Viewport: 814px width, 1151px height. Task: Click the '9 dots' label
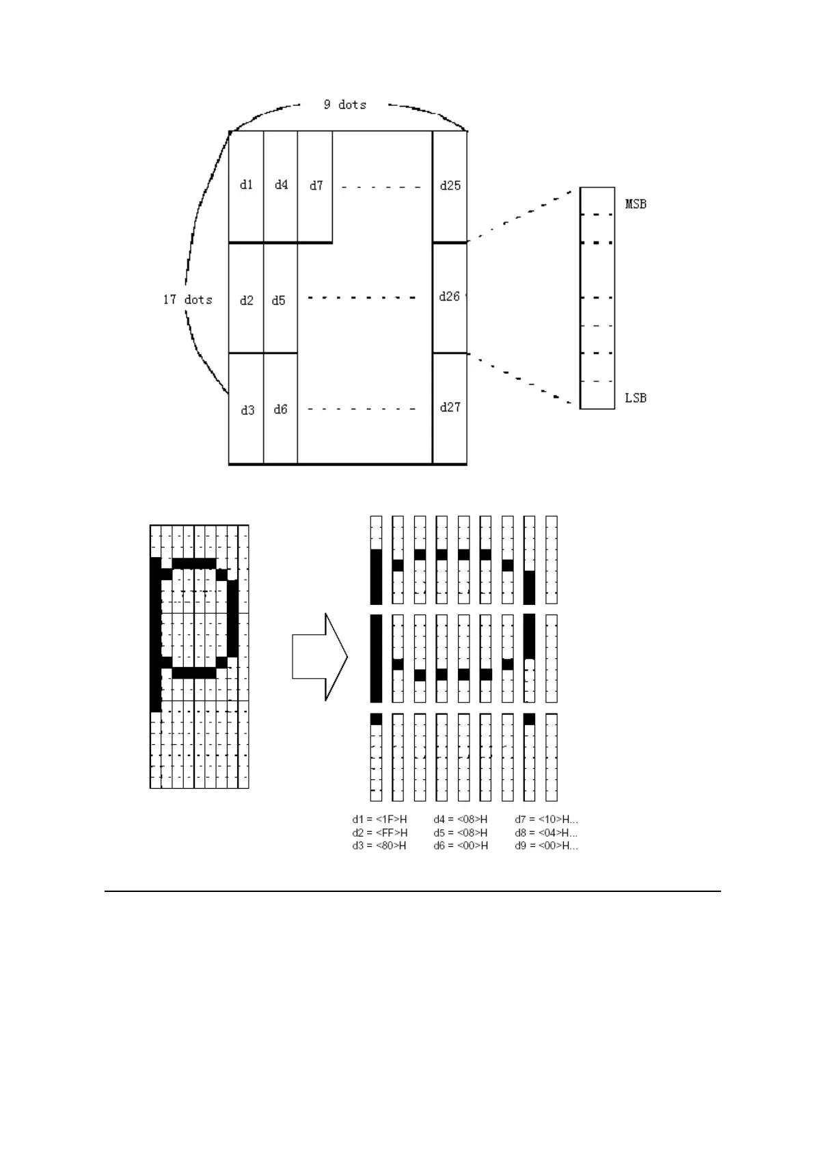click(x=344, y=105)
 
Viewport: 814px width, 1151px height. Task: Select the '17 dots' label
click(x=187, y=299)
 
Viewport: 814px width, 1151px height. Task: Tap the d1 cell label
click(x=247, y=185)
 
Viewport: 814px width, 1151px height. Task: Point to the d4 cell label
click(x=281, y=185)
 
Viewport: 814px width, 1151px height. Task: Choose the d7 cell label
click(x=316, y=185)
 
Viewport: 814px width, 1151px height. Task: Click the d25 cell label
click(x=450, y=185)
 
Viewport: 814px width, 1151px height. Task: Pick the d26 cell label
click(x=450, y=297)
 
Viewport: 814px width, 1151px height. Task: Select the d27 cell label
click(x=450, y=407)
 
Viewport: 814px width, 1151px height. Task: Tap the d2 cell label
click(x=247, y=300)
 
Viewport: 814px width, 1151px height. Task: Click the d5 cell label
click(x=278, y=300)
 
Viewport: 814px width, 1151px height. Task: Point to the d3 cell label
click(x=247, y=410)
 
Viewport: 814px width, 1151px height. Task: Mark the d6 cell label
click(x=280, y=409)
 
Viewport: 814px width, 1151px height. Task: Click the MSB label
click(x=636, y=204)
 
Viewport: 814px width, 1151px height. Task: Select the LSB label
click(x=636, y=398)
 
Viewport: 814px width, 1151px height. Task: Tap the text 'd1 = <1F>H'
click(x=379, y=819)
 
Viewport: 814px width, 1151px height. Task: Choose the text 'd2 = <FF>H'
click(x=379, y=832)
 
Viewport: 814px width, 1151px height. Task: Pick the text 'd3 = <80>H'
click(x=379, y=845)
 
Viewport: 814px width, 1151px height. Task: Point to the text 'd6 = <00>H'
click(x=460, y=845)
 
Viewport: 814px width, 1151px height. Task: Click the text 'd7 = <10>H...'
click(x=546, y=819)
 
